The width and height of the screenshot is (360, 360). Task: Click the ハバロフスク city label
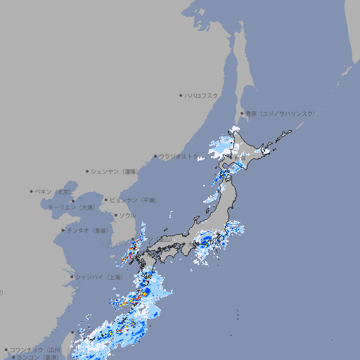click(x=202, y=95)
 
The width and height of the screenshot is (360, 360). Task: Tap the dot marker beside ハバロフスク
click(x=181, y=95)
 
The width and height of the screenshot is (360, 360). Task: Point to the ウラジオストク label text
click(x=179, y=156)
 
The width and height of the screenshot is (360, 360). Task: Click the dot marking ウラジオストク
click(x=155, y=157)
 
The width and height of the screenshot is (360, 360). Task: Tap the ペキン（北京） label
click(x=53, y=191)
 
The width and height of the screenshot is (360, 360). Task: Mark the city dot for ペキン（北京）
click(x=32, y=191)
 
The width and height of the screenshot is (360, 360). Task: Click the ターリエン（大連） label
click(x=70, y=208)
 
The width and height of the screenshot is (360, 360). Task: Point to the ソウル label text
click(x=127, y=215)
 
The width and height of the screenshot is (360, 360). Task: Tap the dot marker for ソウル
click(x=115, y=215)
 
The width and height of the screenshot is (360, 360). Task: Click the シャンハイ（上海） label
click(x=98, y=277)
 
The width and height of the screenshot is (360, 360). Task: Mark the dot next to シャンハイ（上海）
click(x=72, y=277)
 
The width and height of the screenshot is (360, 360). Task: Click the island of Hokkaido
click(x=253, y=151)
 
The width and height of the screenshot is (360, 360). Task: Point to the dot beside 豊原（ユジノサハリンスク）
click(x=242, y=113)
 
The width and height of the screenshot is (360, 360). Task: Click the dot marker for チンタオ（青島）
click(x=63, y=230)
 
